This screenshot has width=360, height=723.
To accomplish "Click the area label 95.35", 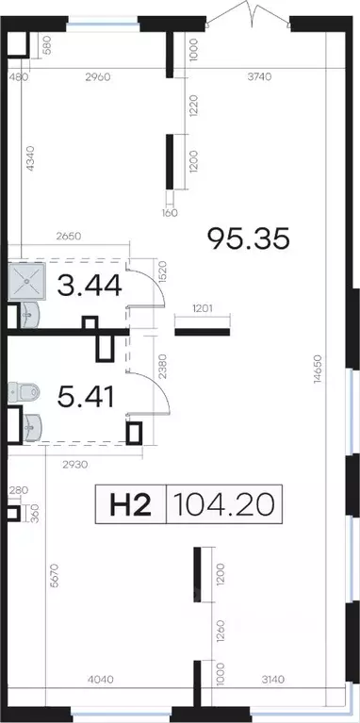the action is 249,238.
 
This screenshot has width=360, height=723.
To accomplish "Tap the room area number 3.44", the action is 90,286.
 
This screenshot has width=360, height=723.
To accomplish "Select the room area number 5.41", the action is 85,397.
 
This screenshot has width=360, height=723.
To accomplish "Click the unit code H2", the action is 130,504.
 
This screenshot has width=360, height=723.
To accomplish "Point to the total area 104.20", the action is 224,504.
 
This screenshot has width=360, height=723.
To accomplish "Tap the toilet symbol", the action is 23,392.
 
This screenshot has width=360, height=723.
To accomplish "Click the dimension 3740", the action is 259,76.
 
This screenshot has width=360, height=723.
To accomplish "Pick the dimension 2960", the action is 98,76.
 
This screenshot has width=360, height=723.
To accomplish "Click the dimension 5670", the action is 55,575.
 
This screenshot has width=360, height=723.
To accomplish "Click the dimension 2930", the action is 74,465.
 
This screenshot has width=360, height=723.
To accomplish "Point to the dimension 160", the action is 170,213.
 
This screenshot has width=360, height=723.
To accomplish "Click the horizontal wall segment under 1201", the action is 202,332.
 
